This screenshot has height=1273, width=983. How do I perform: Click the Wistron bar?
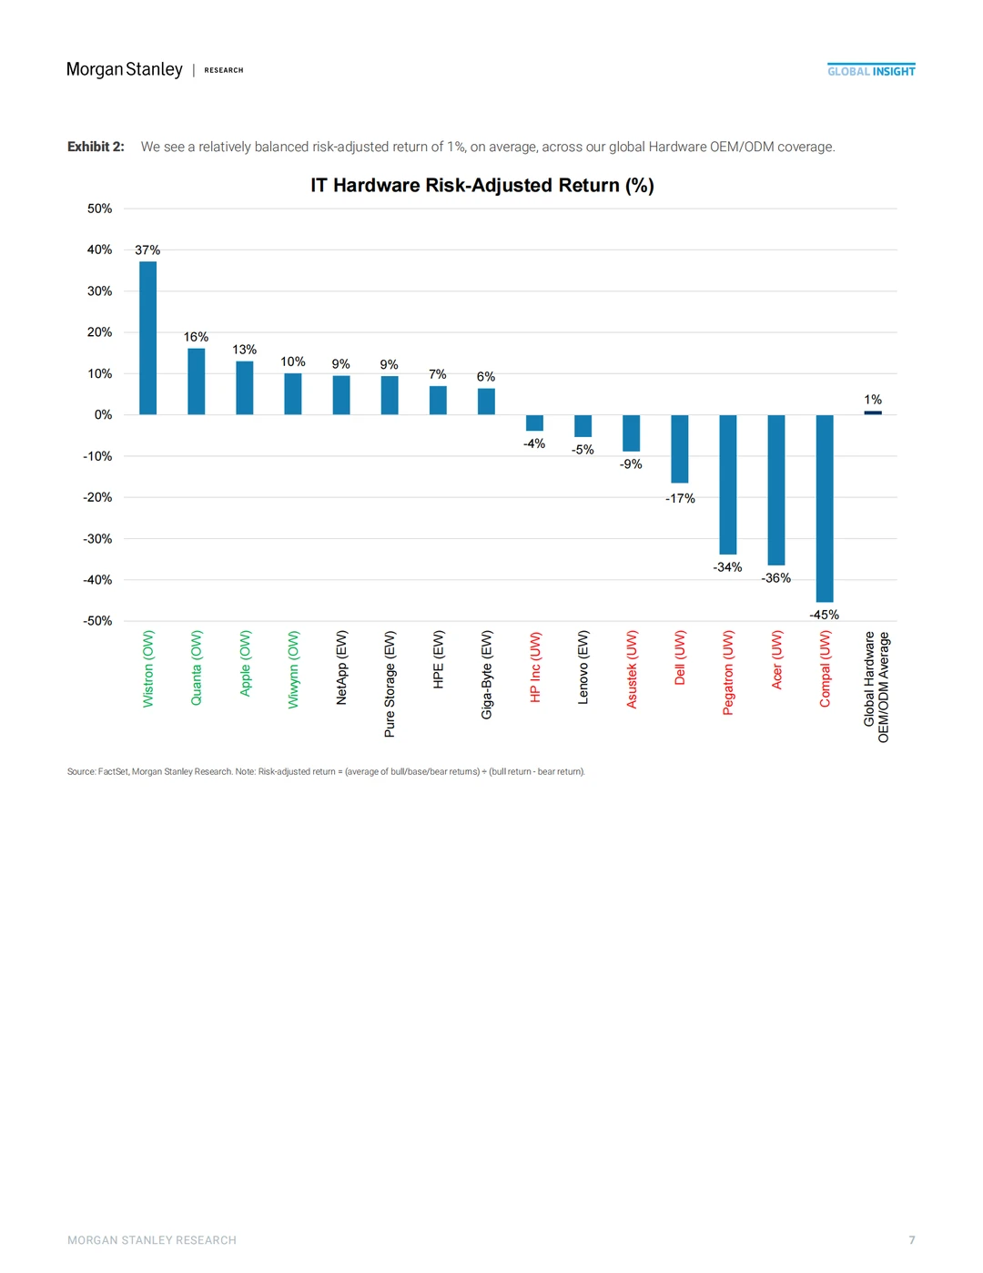147,338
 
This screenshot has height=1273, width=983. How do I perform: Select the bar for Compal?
825,508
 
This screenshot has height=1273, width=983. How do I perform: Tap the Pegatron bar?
728,484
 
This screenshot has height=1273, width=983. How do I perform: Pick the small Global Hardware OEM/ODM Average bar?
873,412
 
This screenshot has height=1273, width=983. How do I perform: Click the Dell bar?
680,449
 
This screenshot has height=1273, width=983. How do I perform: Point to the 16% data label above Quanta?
196,337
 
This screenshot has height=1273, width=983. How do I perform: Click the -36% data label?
776,578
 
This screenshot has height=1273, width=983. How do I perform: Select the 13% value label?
244,350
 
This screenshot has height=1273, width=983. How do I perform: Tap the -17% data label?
680,498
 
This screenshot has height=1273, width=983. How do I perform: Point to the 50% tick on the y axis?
99,209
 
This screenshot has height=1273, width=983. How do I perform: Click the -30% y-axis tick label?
97,539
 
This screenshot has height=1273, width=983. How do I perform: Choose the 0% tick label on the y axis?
103,414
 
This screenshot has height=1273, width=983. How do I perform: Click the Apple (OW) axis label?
245,663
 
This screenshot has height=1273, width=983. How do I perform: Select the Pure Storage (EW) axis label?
390,684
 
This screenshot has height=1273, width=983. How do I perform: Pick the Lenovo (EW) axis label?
583,667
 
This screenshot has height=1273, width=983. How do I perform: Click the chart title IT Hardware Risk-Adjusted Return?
482,186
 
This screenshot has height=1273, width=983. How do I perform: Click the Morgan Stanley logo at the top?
125,69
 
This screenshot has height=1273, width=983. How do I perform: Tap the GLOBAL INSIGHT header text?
871,71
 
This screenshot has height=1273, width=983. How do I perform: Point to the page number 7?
912,1240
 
